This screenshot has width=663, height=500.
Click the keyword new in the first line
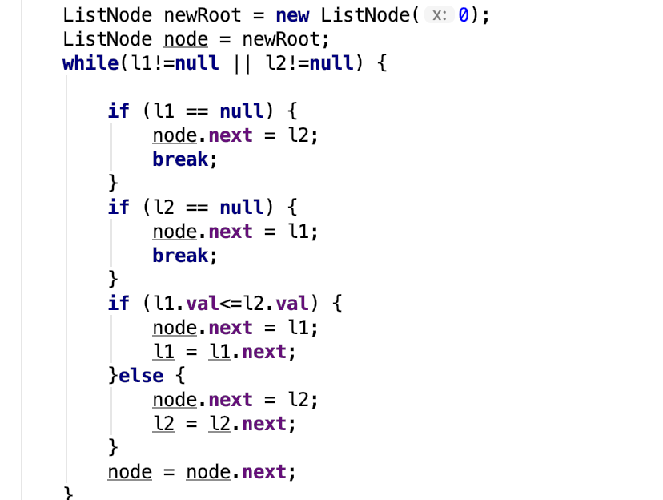292,15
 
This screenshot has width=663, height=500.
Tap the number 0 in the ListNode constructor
464,15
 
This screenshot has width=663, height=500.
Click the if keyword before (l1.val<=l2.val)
118,304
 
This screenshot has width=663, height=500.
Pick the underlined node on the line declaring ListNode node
186,39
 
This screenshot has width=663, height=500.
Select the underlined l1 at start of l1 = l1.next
164,352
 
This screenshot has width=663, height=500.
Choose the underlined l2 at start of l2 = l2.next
164,424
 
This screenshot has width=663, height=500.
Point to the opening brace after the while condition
381,63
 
